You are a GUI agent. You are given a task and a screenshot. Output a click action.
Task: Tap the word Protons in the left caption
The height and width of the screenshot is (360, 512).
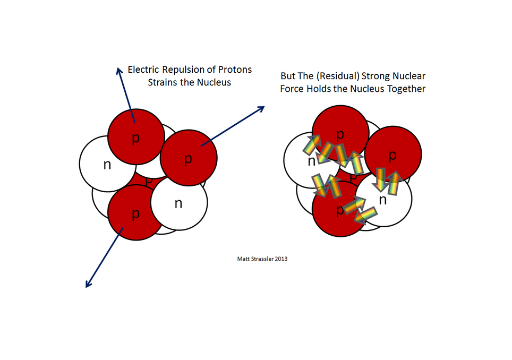coord(234,70)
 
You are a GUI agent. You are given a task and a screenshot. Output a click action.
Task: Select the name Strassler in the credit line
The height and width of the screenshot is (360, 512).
coord(262,259)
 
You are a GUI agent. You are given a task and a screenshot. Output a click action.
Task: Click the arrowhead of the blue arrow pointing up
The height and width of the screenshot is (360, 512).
coord(118,70)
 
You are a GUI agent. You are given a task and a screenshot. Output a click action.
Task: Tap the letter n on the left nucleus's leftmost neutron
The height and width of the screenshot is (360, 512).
coord(107,165)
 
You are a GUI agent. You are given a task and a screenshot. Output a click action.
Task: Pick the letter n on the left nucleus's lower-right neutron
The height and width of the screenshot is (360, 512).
coord(178,203)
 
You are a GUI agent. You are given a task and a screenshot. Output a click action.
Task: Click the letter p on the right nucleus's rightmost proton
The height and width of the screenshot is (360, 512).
coord(392,156)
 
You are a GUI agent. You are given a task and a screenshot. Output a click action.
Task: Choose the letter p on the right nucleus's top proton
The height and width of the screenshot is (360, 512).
coord(340,131)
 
